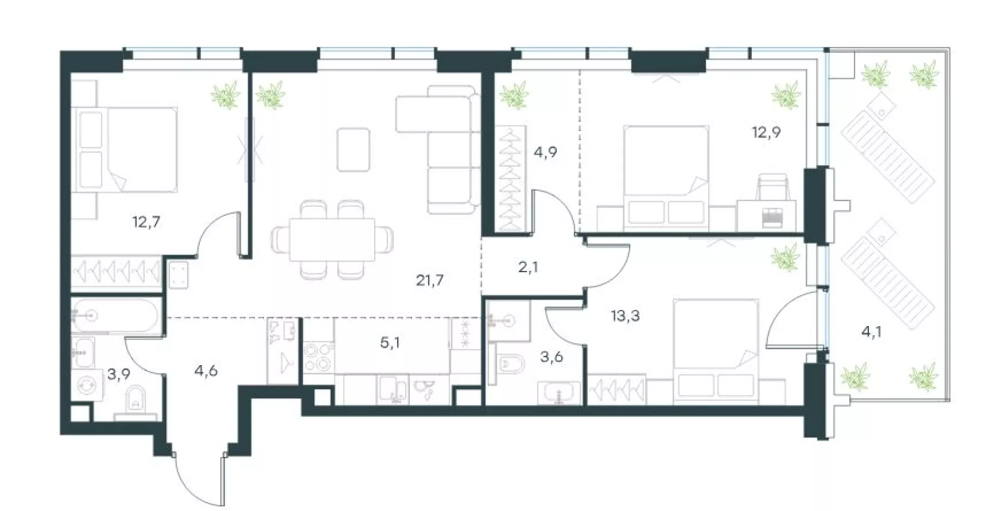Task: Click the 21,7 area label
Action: [430, 280]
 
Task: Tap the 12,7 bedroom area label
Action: [146, 222]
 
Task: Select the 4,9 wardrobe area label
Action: [545, 153]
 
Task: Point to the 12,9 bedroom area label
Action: [766, 133]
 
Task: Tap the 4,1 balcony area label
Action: [871, 332]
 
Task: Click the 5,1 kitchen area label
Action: [390, 343]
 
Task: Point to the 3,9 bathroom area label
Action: [118, 374]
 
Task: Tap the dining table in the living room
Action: [332, 240]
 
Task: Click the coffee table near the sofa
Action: [353, 149]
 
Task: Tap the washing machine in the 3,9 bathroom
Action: [87, 385]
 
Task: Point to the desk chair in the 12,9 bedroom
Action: [773, 187]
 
